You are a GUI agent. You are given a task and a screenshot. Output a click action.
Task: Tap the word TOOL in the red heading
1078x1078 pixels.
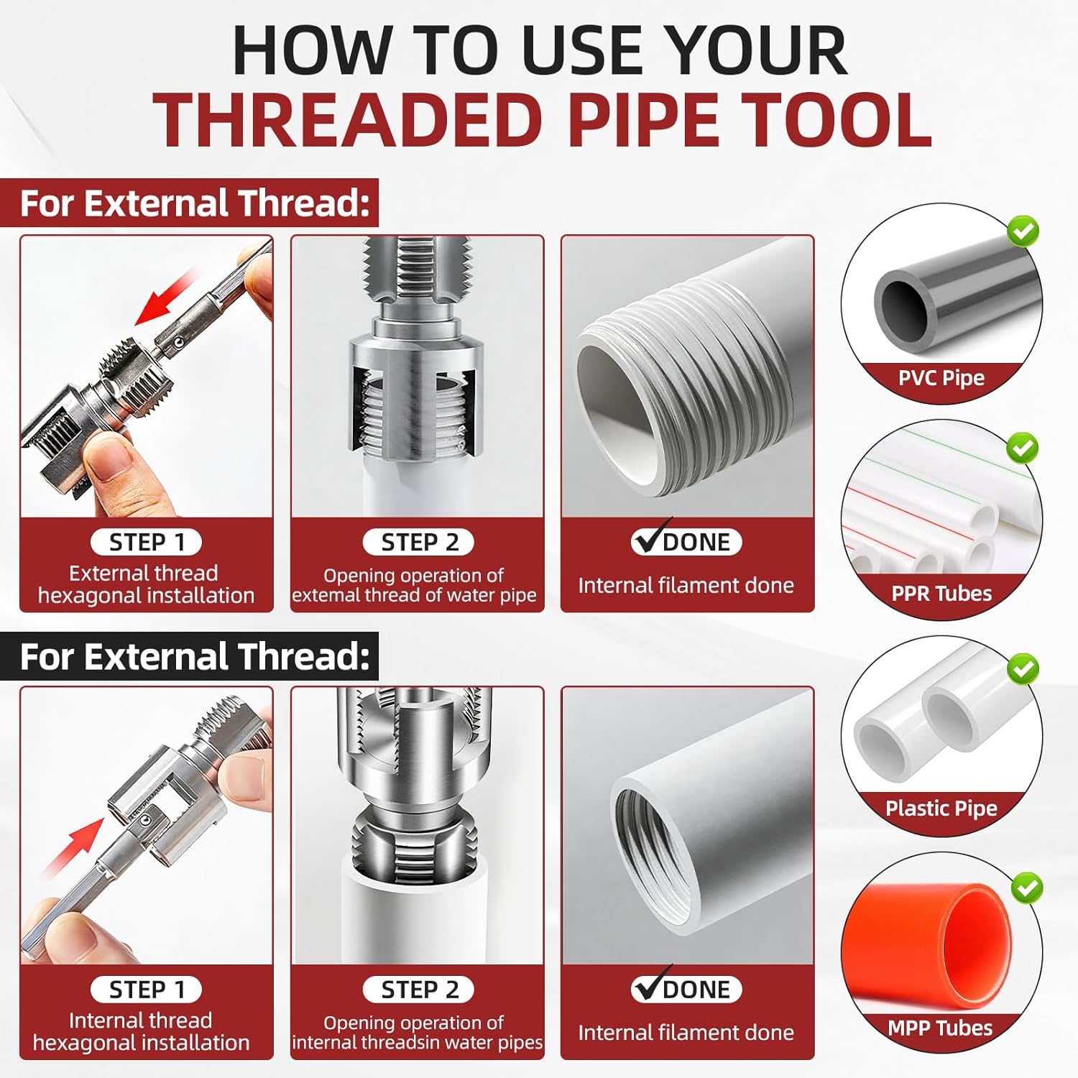pyautogui.click(x=837, y=120)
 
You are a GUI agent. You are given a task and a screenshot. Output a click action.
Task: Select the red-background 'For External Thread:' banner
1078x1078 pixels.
pyautogui.click(x=194, y=203)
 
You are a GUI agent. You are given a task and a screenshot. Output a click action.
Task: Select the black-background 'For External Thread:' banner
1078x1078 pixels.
pyautogui.click(x=194, y=656)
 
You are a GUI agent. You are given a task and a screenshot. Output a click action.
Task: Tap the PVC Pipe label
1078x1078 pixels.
pyautogui.click(x=941, y=378)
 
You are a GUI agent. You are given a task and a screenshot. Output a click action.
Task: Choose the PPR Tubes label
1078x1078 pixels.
pyautogui.click(x=941, y=594)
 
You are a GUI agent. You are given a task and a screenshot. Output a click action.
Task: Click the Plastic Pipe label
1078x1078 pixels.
pyautogui.click(x=941, y=808)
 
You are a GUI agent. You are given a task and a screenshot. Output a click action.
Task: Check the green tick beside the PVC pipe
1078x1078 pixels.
pyautogui.click(x=1023, y=231)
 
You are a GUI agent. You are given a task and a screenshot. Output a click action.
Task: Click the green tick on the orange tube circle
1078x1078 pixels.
pyautogui.click(x=1027, y=888)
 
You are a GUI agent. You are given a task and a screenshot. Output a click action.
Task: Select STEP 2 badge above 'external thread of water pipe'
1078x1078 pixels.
pyautogui.click(x=418, y=542)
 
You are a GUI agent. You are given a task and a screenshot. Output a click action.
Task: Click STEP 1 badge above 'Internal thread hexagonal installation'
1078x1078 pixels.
pyautogui.click(x=147, y=990)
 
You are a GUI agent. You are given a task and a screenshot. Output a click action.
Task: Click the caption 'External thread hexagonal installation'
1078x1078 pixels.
pyautogui.click(x=146, y=584)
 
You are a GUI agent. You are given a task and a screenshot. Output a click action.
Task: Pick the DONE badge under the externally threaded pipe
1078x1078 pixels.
pyautogui.click(x=686, y=542)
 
